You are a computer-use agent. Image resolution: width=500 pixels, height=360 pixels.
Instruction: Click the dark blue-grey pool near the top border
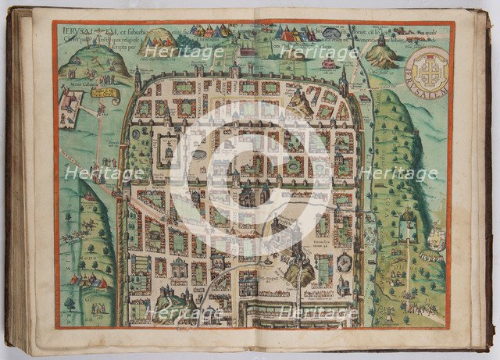tap(333, 34)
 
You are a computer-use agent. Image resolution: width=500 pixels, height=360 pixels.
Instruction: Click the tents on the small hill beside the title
tap(160, 37)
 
